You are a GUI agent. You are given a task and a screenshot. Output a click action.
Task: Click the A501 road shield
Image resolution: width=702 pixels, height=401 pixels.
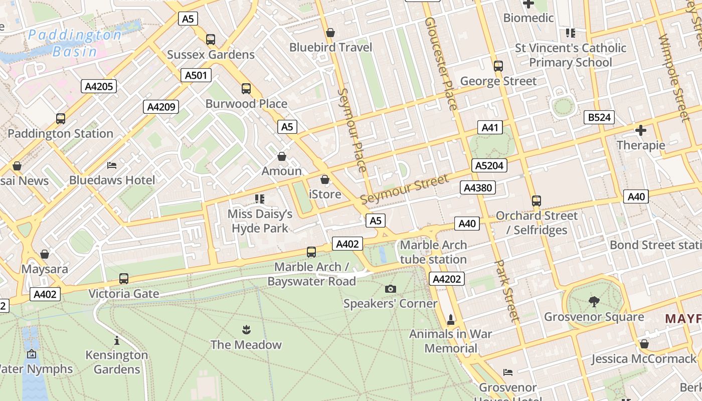(196, 76)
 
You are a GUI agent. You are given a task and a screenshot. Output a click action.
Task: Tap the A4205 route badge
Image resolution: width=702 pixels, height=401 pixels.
(99, 86)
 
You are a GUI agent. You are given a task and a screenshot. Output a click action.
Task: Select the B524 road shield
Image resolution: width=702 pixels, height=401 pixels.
(599, 118)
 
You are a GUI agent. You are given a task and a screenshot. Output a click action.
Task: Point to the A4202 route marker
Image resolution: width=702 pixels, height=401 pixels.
(446, 279)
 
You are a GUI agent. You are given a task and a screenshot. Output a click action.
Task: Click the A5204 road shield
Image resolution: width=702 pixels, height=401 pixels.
(489, 165)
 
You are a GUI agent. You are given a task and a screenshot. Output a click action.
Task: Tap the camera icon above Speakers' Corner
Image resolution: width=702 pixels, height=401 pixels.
(390, 289)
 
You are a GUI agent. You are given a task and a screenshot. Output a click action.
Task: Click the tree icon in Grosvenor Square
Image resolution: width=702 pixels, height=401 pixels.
(594, 301)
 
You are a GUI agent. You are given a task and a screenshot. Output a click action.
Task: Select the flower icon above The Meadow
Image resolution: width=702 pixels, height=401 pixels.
(246, 330)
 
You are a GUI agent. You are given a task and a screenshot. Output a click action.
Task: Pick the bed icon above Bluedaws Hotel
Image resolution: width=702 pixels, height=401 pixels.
(112, 165)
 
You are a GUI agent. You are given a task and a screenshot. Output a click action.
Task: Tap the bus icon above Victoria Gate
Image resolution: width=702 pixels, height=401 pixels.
(124, 279)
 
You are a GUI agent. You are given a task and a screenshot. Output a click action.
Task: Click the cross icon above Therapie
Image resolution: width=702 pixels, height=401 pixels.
(640, 130)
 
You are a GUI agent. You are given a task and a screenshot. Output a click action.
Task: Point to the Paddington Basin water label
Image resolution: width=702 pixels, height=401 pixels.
(75, 43)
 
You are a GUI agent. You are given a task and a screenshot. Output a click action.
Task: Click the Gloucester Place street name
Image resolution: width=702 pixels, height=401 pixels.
(441, 64)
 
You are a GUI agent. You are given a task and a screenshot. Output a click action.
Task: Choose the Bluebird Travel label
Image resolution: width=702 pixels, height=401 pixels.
(330, 48)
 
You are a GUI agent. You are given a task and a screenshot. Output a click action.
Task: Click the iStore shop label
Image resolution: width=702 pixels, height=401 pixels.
(325, 194)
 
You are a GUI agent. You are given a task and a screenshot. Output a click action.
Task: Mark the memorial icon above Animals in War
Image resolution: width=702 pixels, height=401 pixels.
(450, 319)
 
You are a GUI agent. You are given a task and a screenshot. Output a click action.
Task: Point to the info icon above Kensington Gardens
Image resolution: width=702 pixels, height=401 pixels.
(117, 341)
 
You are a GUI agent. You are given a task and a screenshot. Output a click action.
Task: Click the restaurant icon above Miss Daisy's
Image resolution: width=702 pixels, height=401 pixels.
(259, 199)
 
